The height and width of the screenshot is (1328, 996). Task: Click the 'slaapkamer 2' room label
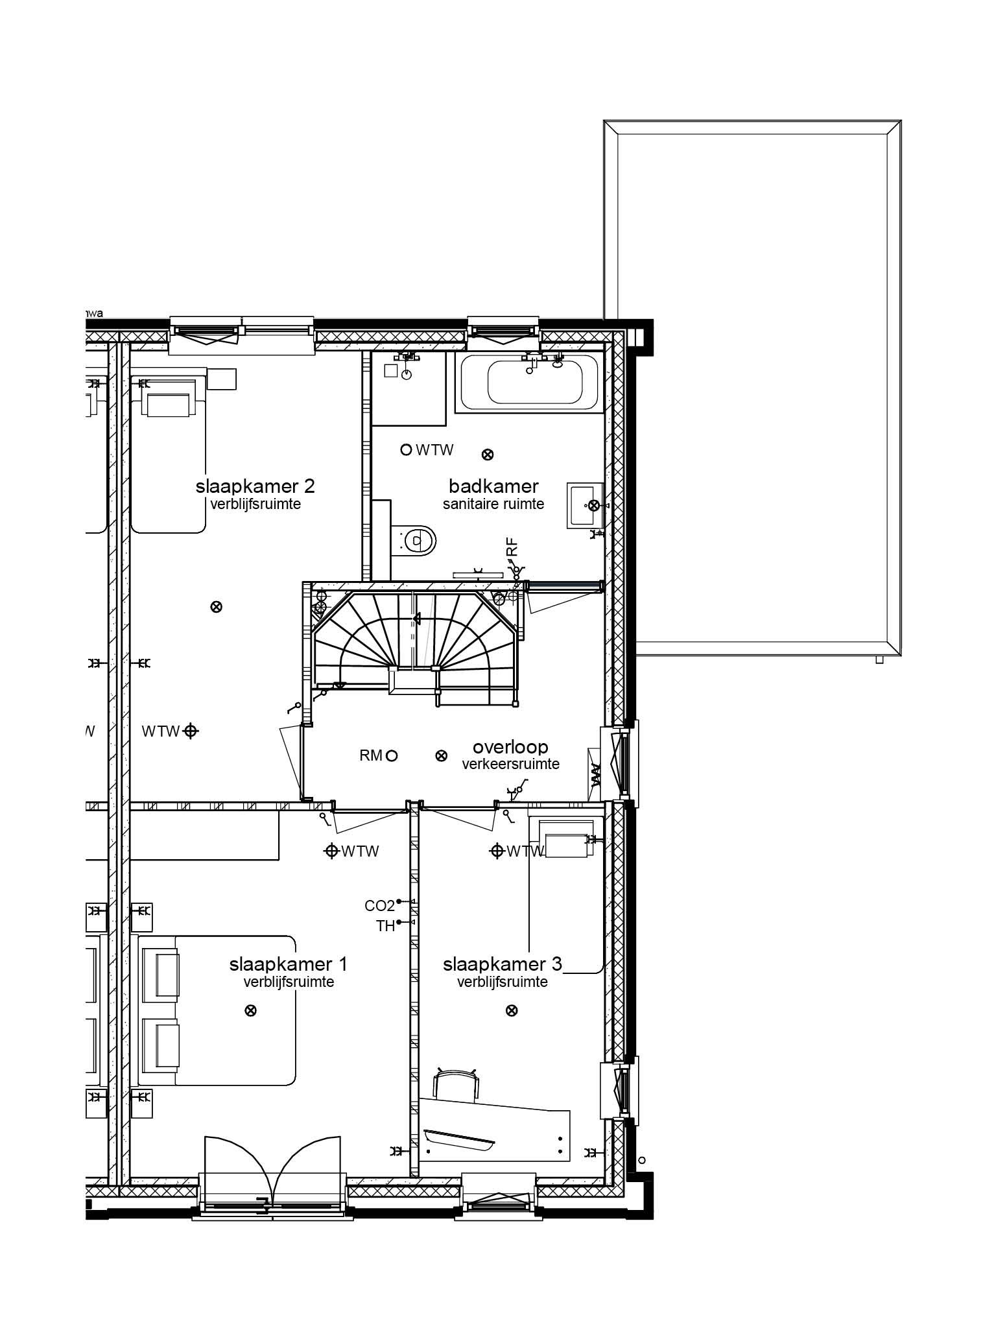tap(255, 486)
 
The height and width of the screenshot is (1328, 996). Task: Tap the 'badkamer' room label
tap(493, 486)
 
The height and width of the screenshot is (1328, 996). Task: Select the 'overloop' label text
tap(510, 746)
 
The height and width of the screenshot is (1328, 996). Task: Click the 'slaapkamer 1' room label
tap(288, 964)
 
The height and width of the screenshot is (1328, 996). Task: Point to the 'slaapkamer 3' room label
tap(502, 964)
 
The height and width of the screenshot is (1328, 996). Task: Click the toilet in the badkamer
tap(414, 539)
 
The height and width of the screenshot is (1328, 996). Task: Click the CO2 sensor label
tap(379, 906)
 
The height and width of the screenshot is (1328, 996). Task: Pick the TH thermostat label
tap(385, 926)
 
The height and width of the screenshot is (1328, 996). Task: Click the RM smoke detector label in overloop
tap(371, 755)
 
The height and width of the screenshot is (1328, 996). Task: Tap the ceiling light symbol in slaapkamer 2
tap(217, 607)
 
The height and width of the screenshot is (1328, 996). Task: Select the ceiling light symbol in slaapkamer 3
tap(512, 1010)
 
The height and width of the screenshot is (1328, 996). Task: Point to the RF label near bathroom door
tap(512, 547)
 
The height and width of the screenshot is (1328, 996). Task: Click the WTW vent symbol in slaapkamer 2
tap(191, 731)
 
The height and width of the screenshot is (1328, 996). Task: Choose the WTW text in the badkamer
tap(434, 449)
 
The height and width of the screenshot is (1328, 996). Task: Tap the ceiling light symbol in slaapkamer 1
tap(250, 1010)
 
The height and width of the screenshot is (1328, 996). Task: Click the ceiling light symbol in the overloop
tap(441, 755)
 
